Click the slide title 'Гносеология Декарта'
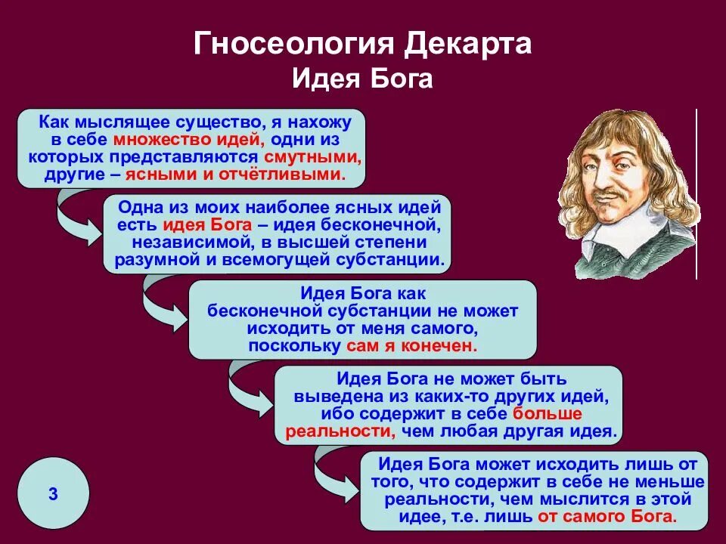pos(363,44)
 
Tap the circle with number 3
pos(53,496)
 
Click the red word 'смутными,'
pos(312,157)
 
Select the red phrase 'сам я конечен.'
pos(412,346)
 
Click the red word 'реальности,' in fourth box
pos(330,432)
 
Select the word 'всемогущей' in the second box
pos(287,261)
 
